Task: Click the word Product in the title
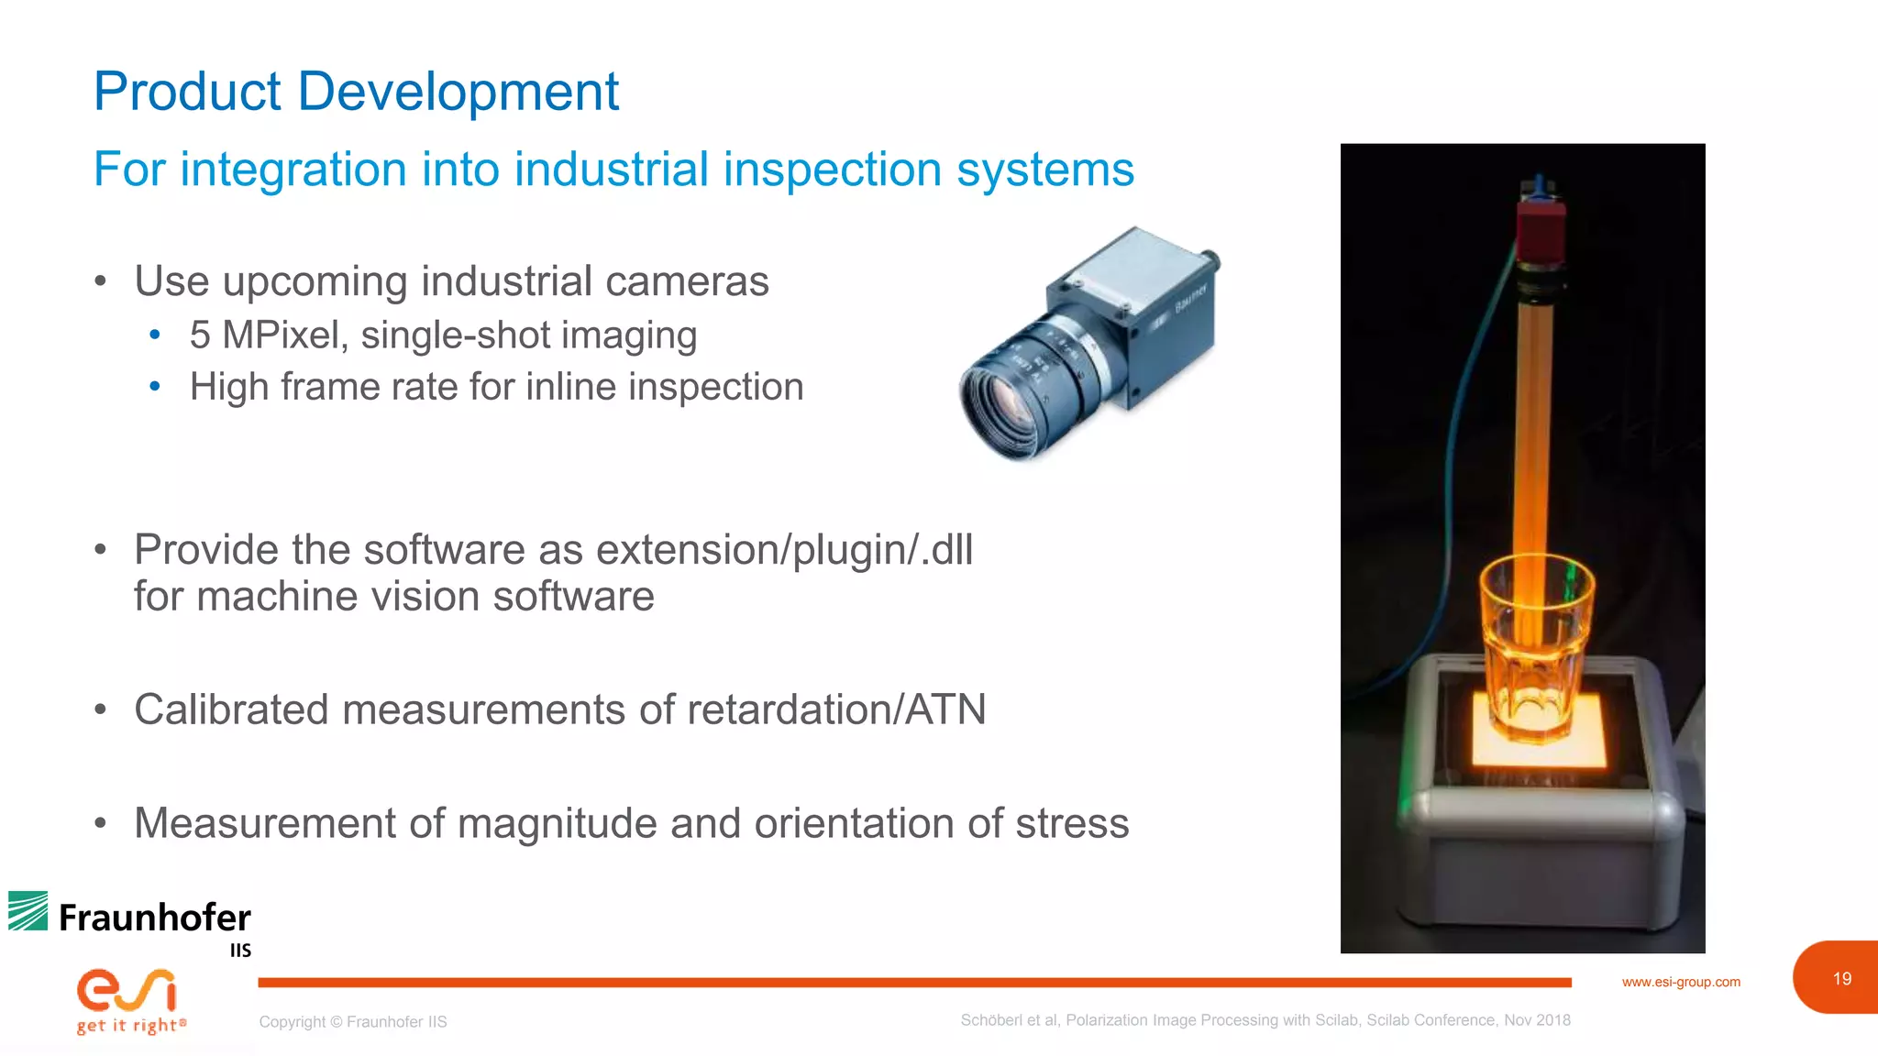[187, 92]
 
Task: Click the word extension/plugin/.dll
[784, 550]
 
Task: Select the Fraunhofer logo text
[154, 918]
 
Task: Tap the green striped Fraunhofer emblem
[28, 911]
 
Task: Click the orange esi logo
[127, 990]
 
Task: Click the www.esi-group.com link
[1680, 982]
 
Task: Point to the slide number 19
[1841, 979]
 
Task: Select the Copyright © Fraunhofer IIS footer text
[352, 1022]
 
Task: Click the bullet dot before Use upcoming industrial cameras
[101, 280]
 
